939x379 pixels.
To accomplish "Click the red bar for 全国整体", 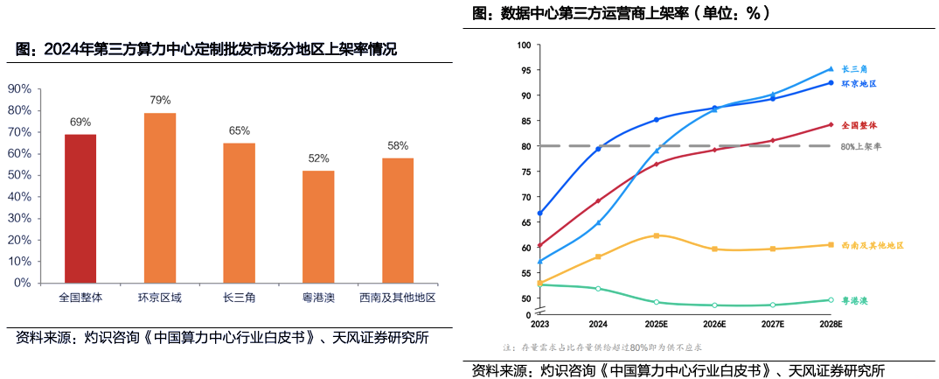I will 80,208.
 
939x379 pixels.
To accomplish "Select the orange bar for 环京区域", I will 160,198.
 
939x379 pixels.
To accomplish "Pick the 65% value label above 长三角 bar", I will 239,130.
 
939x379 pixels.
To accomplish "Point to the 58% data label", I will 398,145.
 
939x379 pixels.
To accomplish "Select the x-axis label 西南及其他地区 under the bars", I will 399,298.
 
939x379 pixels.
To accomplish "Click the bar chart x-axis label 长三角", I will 239,298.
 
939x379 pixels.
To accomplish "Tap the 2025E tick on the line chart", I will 657,324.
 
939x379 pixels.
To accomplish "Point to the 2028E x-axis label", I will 830,324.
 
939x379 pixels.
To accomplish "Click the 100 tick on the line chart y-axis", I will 524,45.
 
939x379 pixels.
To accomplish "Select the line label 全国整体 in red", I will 859,125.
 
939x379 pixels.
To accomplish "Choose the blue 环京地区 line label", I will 859,84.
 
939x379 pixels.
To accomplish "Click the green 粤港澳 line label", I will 854,300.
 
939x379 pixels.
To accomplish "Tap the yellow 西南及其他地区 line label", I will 872,246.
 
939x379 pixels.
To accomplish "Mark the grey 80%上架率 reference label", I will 860,146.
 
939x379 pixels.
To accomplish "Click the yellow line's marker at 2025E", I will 657,235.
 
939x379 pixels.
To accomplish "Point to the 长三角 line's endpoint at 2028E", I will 831,68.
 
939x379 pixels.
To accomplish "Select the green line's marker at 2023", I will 539,284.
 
